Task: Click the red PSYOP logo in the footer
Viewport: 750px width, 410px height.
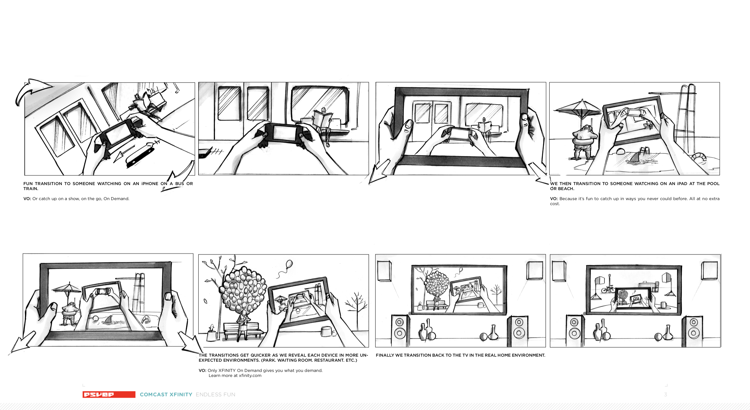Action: click(x=109, y=394)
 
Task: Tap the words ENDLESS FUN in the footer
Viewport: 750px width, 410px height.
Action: click(x=215, y=395)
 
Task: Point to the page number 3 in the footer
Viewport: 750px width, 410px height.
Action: click(x=665, y=395)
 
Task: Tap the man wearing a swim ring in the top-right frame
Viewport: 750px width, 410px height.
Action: click(x=583, y=143)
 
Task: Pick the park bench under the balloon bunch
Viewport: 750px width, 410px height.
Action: click(x=243, y=330)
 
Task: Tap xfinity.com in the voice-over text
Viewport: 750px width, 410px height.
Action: click(x=250, y=375)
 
